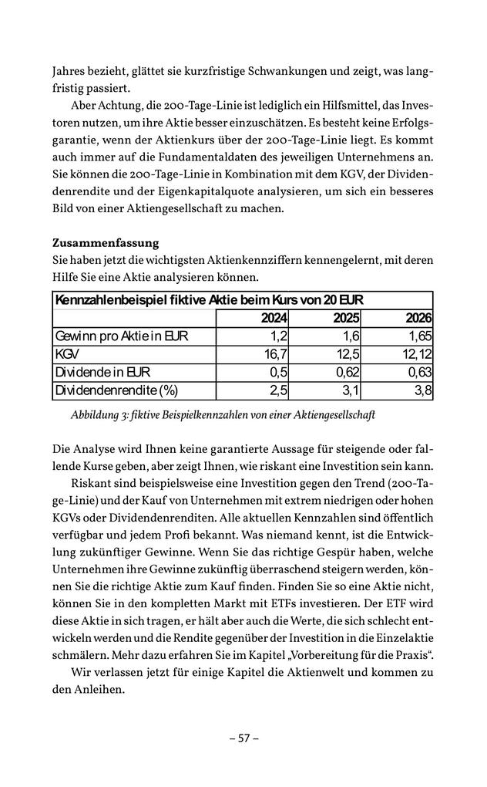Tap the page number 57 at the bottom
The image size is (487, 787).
tap(243, 738)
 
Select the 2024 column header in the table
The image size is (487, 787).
tap(274, 319)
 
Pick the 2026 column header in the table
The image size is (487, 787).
tap(418, 319)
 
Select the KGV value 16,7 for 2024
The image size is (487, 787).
tap(275, 354)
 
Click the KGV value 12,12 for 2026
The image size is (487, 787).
tap(416, 354)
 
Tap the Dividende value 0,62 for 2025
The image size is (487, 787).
tap(346, 372)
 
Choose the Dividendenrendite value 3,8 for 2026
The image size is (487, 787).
tap(423, 390)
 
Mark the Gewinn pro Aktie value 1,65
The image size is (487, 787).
tap(419, 336)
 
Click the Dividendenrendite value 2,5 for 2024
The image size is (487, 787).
tap(278, 390)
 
